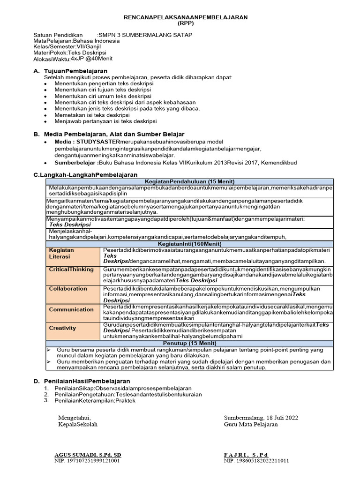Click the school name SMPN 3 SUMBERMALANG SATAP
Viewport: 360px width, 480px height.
144,35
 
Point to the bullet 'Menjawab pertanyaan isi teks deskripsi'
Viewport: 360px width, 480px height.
105,121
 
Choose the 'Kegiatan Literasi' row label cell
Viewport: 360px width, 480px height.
62,253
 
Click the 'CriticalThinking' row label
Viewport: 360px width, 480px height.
71,270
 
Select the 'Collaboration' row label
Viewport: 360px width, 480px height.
68,289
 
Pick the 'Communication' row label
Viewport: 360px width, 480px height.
71,309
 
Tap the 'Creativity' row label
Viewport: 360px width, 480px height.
62,328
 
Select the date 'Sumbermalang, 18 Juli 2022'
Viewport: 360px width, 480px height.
261,417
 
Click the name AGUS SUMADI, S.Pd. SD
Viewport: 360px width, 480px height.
88,455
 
